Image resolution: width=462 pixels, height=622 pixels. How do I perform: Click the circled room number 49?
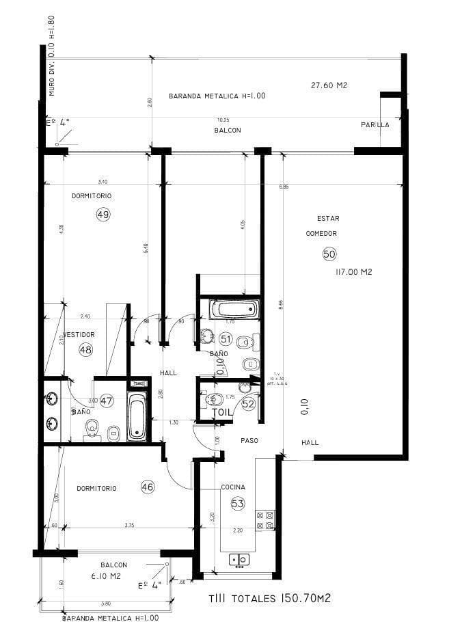[x=103, y=214]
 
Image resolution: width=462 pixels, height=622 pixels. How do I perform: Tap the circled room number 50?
[x=329, y=254]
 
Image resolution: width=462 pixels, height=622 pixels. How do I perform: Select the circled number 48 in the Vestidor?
[x=85, y=349]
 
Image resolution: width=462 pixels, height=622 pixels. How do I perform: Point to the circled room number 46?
[x=147, y=487]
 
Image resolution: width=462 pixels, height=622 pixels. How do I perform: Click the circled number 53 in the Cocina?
[x=237, y=504]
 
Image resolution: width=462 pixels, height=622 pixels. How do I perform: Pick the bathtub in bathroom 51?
[x=235, y=309]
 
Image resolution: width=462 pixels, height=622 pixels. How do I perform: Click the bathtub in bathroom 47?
[x=137, y=417]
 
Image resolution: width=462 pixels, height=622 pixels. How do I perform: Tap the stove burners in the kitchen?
[x=264, y=519]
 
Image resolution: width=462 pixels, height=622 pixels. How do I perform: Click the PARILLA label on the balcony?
[x=375, y=124]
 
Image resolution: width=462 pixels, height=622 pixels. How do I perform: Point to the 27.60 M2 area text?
[x=329, y=85]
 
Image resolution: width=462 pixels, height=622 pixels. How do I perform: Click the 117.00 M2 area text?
[x=353, y=271]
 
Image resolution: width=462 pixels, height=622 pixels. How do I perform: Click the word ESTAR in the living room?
[x=328, y=219]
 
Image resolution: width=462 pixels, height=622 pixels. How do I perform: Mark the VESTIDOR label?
[x=80, y=334]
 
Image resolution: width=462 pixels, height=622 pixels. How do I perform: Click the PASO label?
[x=249, y=441]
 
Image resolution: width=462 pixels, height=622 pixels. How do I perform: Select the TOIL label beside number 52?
[x=223, y=413]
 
